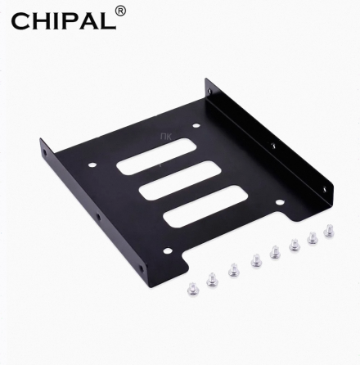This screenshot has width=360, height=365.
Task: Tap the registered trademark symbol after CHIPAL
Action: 120,11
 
